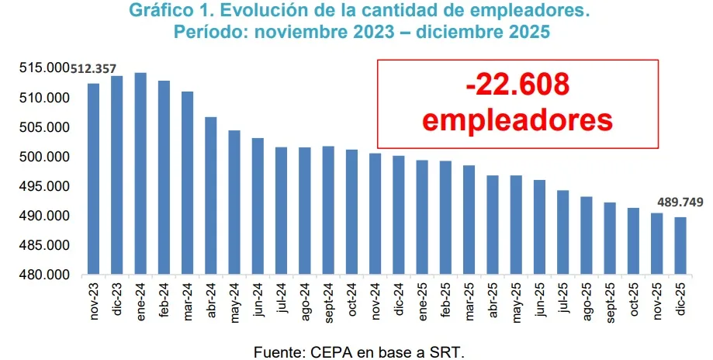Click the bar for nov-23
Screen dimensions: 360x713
tap(93, 179)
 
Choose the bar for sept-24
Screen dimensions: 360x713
tap(327, 210)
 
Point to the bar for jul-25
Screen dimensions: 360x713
tap(562, 232)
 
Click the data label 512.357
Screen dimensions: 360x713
tap(93, 68)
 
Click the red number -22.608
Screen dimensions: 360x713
tap(517, 85)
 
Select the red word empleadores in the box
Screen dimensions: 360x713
tap(517, 120)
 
